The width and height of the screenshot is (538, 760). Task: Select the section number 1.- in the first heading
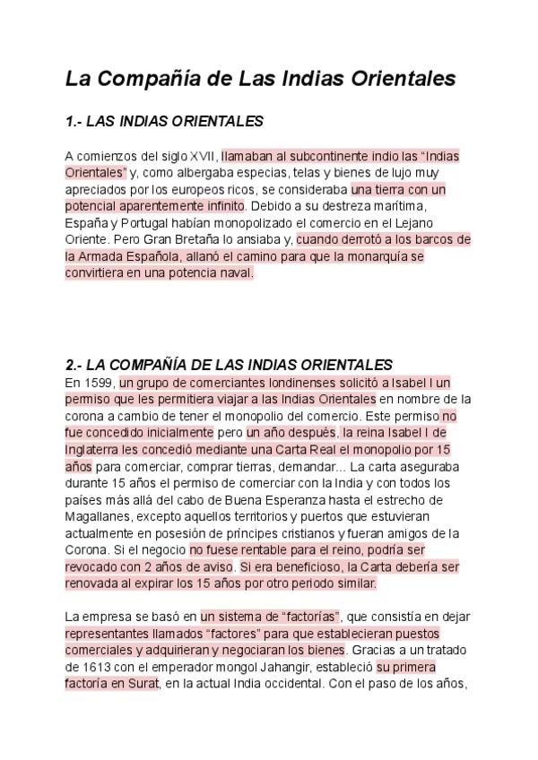pos(74,120)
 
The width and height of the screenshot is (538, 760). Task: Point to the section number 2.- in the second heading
pos(74,365)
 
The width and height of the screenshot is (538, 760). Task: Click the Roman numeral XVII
pos(204,155)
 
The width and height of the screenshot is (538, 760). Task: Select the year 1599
pos(99,383)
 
